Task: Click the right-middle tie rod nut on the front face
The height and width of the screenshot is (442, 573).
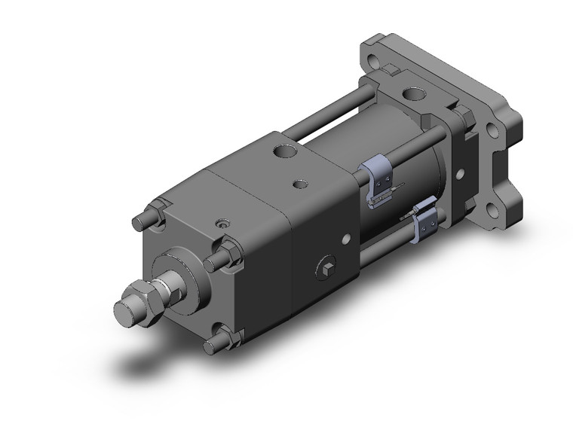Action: pos(226,255)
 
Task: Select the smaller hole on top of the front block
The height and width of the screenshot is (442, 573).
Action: pos(301,183)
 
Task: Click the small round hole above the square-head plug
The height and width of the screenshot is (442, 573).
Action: pos(345,240)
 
